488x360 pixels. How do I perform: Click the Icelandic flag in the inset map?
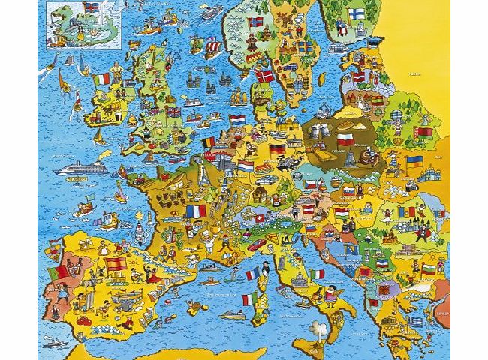(92, 8)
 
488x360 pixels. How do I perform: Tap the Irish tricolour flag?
(102, 79)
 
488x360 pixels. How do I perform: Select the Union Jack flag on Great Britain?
(173, 112)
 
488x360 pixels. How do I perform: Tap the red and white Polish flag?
(345, 140)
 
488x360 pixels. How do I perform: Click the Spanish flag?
(116, 264)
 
